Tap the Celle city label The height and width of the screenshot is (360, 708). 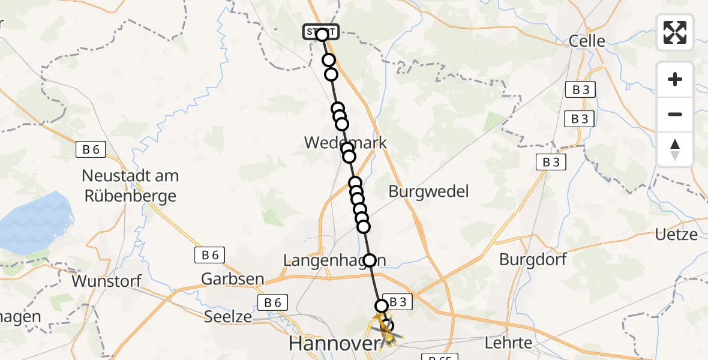pos(587,41)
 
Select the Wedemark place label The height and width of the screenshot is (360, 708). pos(346,143)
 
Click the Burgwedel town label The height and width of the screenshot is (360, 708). pos(428,191)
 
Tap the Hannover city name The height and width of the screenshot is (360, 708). pos(334,344)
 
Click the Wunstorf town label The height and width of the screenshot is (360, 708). pos(106,281)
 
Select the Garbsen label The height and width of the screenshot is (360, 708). pos(232,279)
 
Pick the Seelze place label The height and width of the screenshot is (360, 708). pos(228,316)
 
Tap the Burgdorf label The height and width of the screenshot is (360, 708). pos(533,260)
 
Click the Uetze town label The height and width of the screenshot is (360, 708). pos(676,235)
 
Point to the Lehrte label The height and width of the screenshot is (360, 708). pos(508,343)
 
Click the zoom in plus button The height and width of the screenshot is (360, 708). pos(675,79)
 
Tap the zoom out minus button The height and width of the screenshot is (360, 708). pos(675,114)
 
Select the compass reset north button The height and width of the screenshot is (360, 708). pos(675,149)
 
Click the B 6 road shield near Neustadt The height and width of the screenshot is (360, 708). pos(91,150)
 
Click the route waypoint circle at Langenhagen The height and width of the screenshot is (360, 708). pos(370,260)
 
